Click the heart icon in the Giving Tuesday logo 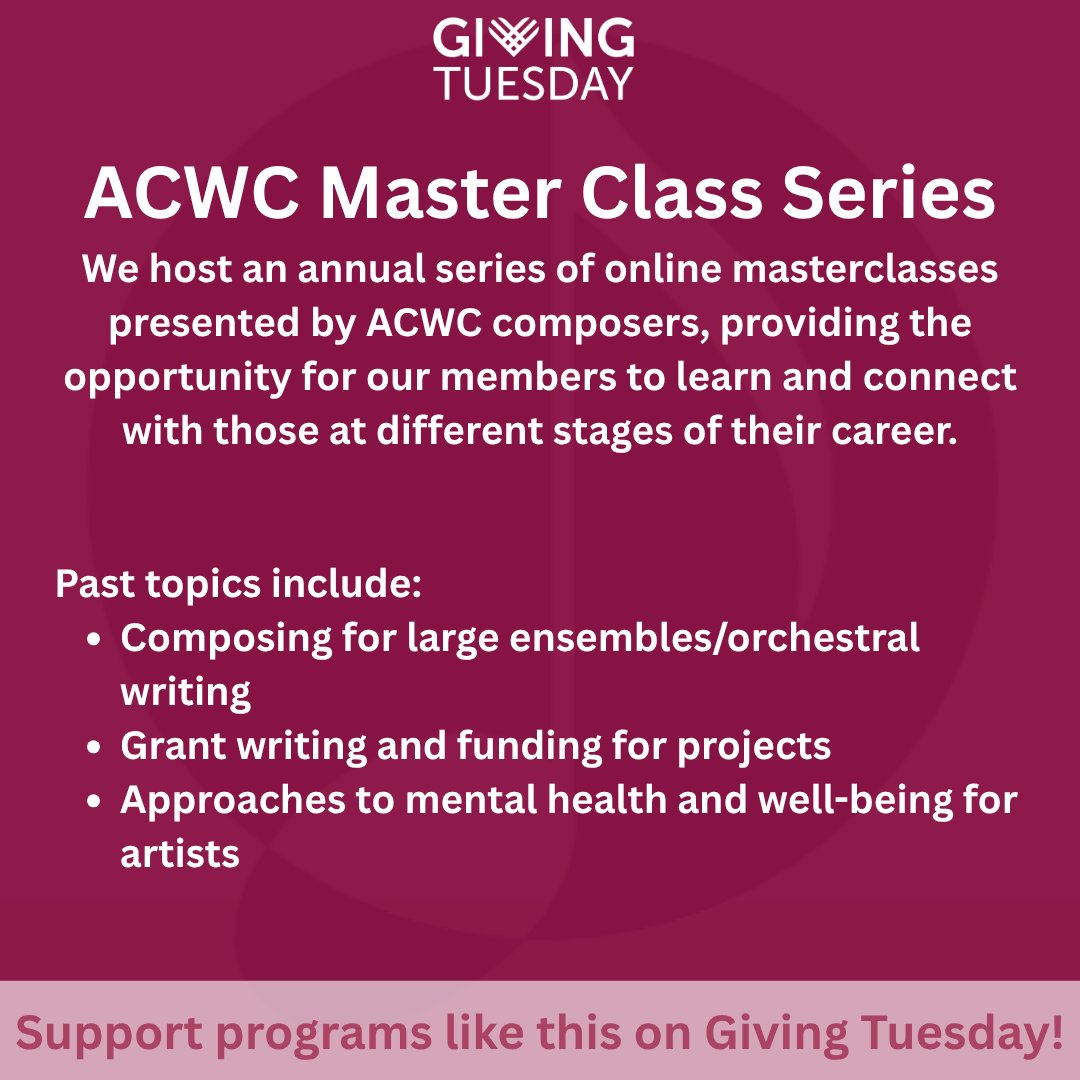pos(520,39)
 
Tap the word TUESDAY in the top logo pos(534,83)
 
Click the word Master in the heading pos(438,195)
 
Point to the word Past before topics pos(95,584)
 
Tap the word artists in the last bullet pos(180,855)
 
